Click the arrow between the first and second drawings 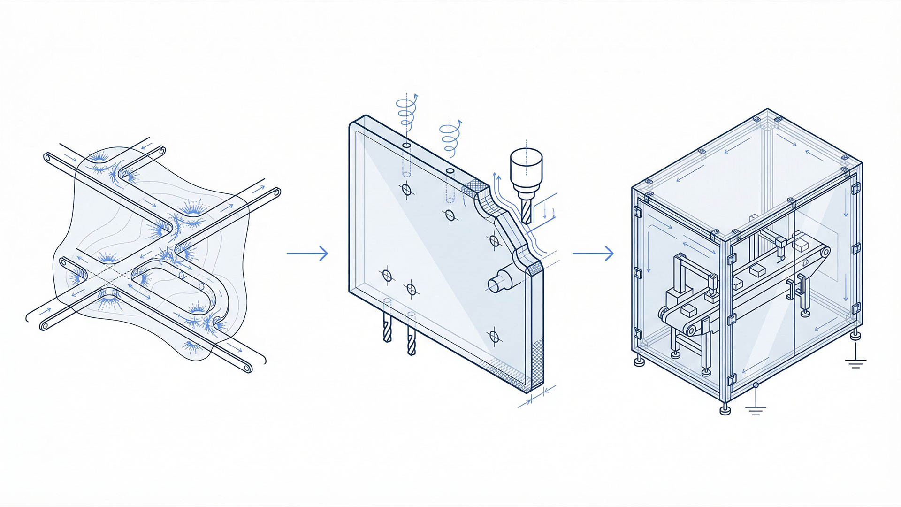[307, 253]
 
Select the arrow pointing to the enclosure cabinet [593, 253]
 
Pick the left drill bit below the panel [387, 327]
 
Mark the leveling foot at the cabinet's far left [639, 361]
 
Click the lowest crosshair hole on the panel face [494, 336]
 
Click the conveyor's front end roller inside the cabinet [691, 330]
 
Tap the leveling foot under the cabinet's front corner [725, 409]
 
